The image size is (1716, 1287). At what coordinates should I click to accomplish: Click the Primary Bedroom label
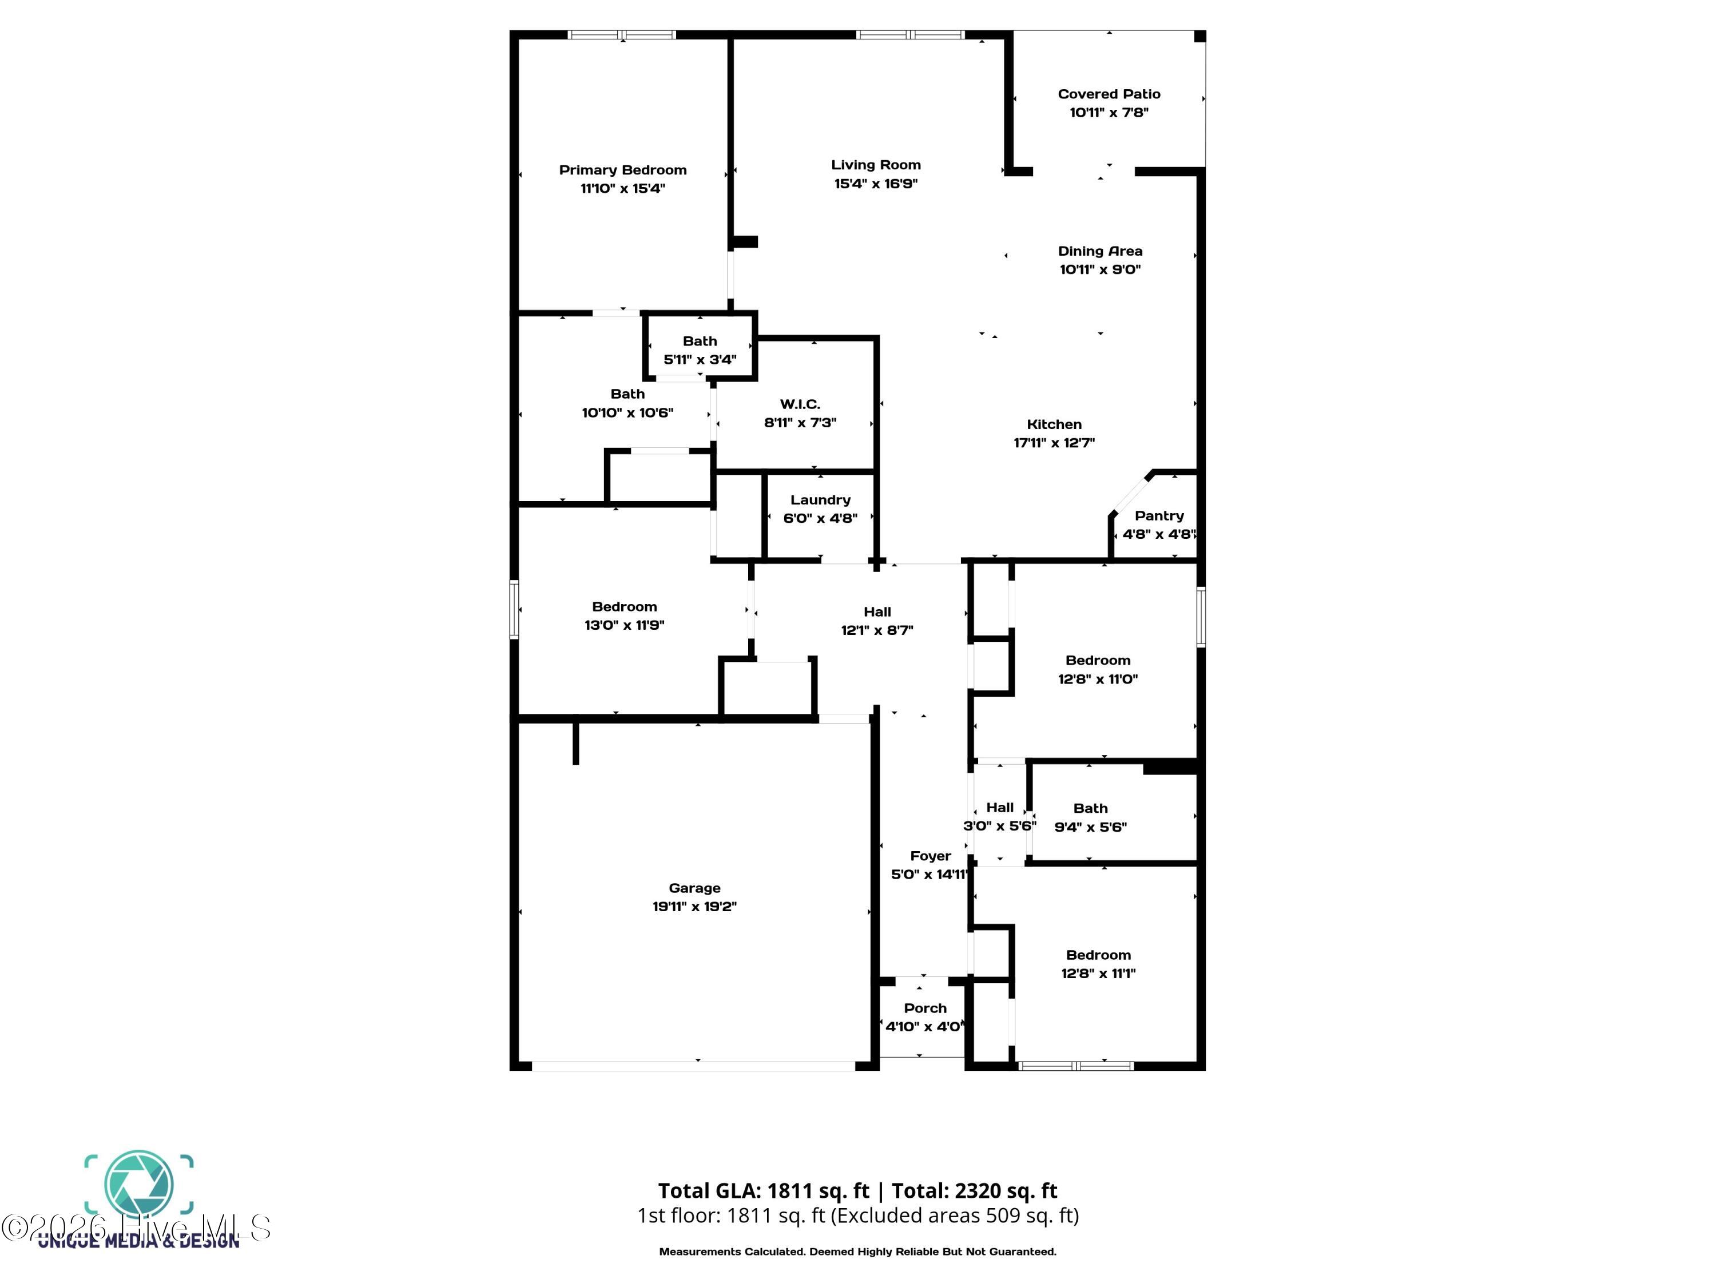point(622,170)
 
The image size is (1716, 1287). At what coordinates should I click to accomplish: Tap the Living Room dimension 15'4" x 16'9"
point(876,184)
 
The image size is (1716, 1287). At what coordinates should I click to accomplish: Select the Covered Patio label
point(1109,94)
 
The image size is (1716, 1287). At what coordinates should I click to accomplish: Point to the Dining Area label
point(1100,251)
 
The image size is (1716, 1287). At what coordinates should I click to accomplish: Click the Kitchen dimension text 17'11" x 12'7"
point(1054,443)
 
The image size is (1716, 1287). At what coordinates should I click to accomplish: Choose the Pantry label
point(1159,516)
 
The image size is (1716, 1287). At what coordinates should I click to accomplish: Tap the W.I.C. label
point(800,404)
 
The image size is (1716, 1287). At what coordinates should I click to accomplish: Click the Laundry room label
point(820,500)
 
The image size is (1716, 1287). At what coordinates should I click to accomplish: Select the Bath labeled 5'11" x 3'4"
point(700,341)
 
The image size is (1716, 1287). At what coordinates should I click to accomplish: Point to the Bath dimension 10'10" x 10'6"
point(627,413)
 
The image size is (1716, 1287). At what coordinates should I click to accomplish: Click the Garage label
point(694,888)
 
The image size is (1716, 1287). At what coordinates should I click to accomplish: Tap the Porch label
point(925,1008)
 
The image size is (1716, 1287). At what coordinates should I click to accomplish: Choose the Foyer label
point(930,856)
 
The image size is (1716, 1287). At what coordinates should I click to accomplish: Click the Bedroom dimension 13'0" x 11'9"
point(625,625)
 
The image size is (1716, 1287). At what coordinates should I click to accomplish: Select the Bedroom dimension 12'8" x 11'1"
point(1098,974)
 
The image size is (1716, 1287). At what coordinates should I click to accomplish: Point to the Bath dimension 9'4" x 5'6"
point(1090,827)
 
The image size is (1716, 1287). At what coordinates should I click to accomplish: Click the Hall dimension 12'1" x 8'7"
point(877,631)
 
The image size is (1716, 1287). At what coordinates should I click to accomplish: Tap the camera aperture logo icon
point(139,1185)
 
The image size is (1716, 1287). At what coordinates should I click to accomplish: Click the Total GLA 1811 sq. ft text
point(764,1191)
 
